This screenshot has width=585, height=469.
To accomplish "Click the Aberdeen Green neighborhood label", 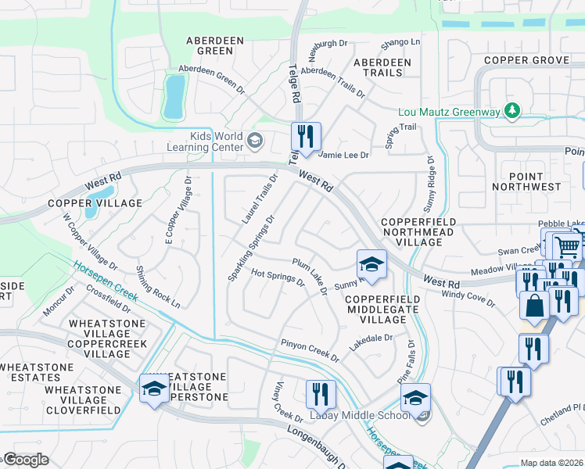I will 210,45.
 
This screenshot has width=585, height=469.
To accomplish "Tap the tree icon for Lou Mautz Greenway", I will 512,111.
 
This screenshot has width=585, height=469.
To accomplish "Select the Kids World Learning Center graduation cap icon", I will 254,141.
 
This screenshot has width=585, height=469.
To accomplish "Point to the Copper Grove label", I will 526,60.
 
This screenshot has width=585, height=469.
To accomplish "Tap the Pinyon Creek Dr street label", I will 310,350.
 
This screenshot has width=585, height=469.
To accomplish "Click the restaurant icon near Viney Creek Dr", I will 320,394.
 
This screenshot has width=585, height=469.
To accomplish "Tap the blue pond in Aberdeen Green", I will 174,96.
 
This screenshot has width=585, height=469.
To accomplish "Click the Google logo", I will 27,459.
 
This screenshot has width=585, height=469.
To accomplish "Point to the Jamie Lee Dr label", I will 342,156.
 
